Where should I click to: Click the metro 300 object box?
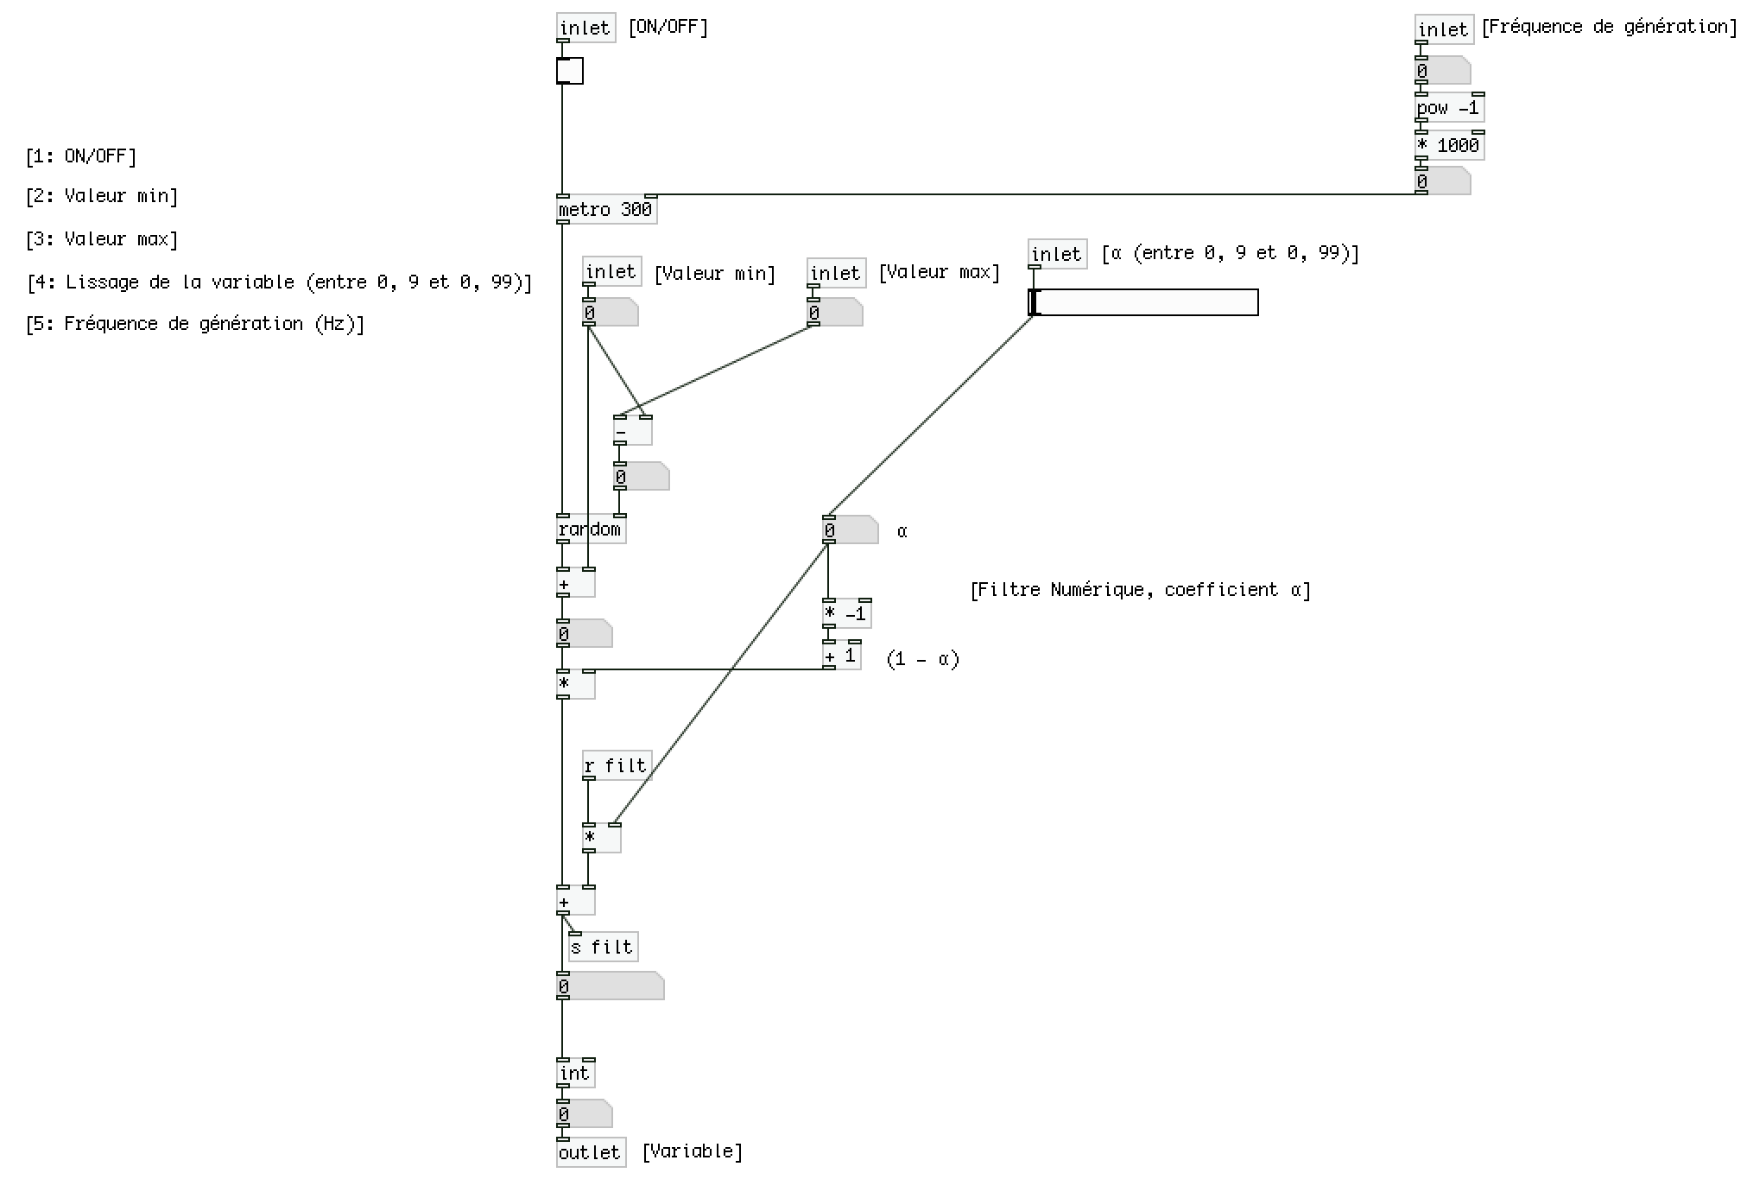606,210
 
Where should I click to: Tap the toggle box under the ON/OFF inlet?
570,71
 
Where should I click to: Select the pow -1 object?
1449,108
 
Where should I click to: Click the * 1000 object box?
1449,145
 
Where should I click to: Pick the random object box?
591,529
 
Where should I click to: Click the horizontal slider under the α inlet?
1143,302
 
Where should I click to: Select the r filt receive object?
616,765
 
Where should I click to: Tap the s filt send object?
603,947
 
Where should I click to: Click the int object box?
575,1074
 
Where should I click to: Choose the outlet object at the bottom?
591,1152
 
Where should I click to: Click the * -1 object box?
846,614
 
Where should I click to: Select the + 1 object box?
841,656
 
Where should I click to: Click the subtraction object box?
632,430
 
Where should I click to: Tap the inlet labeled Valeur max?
835,273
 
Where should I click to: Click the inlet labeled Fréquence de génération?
1443,29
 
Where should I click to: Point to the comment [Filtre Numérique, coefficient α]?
1140,590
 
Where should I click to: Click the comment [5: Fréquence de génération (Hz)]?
195,324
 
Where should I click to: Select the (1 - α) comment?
922,659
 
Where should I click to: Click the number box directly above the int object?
610,986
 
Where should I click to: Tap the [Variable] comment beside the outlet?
692,1151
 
